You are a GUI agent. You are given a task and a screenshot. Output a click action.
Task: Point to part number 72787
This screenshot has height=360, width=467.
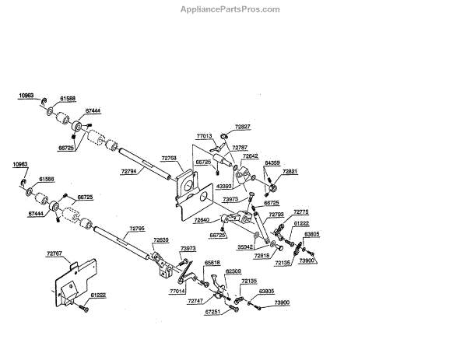click(x=240, y=147)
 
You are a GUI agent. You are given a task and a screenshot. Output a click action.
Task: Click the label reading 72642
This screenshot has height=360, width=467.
click(x=250, y=156)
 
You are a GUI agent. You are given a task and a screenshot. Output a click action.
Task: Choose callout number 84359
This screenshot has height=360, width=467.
click(x=272, y=163)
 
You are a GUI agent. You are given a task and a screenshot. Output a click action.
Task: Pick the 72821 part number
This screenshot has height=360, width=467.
click(x=290, y=170)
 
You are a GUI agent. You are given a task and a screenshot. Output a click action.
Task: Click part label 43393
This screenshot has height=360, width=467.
click(x=223, y=187)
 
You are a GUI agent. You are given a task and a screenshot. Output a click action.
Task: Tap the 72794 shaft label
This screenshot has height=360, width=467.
click(x=130, y=170)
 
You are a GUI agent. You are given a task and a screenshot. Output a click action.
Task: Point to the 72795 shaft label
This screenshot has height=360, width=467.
click(x=137, y=228)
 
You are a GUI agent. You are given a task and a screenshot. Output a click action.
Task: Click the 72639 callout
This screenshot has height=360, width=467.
click(x=161, y=239)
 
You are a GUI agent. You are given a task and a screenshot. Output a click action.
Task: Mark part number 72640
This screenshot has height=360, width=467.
click(x=202, y=221)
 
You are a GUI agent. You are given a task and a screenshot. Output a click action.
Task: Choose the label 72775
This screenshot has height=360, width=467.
click(x=301, y=212)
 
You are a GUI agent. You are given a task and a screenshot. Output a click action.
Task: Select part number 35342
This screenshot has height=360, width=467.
click(x=245, y=246)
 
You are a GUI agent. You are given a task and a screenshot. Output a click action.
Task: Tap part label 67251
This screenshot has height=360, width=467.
click(x=213, y=313)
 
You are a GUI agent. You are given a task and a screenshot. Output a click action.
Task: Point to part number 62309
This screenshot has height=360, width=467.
click(x=233, y=272)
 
